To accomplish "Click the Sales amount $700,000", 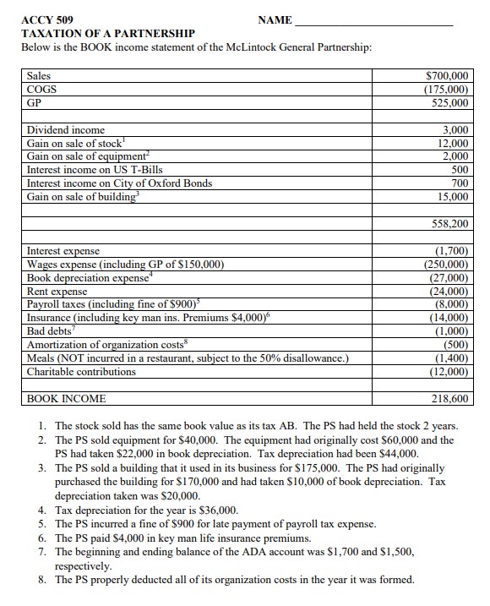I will pyautogui.click(x=448, y=76).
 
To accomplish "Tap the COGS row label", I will pyautogui.click(x=42, y=89).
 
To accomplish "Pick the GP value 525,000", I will pyautogui.click(x=451, y=102).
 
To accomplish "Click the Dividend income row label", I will pyautogui.click(x=66, y=130).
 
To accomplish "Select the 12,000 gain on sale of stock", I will pyautogui.click(x=454, y=144).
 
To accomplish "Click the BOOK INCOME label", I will pyautogui.click(x=67, y=397).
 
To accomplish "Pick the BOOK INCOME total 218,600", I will pyautogui.click(x=451, y=397).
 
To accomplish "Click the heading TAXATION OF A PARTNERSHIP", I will pyautogui.click(x=107, y=33).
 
